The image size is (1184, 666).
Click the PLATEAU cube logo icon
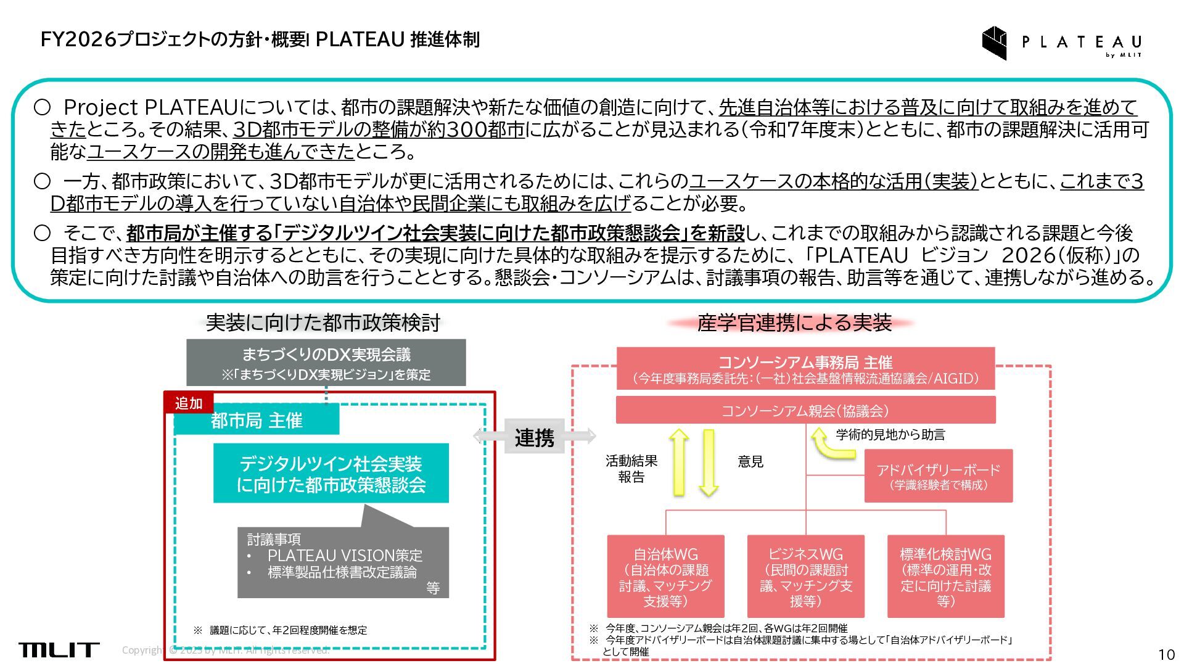coord(994,43)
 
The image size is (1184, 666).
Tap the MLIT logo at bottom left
coord(59,649)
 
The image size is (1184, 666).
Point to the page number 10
coord(1165,654)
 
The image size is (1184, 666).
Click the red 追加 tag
coord(189,403)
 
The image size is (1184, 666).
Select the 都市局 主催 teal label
coord(257,421)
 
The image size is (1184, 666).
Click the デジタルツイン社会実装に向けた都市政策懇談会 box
coord(331,474)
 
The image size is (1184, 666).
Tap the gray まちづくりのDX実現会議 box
coord(326,363)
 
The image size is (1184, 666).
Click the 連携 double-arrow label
coord(534,437)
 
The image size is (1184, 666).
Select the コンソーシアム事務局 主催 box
coord(805,369)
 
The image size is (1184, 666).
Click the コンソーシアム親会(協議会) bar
coord(805,411)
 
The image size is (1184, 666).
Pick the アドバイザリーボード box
coord(938,476)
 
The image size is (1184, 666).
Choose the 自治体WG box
coord(665,577)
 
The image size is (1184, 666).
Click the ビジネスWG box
coord(805,577)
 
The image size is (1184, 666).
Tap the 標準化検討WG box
coord(945,577)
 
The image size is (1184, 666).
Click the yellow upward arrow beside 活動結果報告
coord(678,462)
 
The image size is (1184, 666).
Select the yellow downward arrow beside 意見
coord(709,463)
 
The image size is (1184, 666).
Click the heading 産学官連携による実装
coord(794,323)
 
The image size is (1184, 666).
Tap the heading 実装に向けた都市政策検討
coord(323,323)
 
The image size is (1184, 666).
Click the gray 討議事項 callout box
coord(343,562)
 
